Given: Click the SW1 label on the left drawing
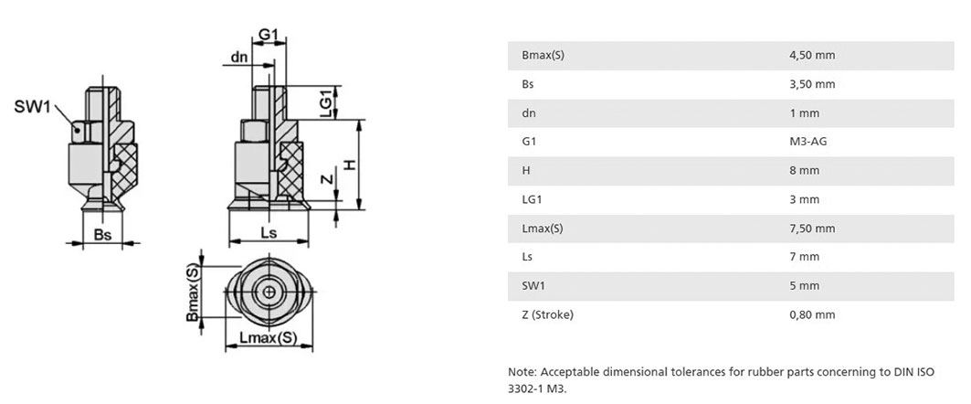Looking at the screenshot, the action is point(32,107).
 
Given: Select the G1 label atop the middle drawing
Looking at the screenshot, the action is point(269,35).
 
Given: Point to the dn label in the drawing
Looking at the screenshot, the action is point(239,58).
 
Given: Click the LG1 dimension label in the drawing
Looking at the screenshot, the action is point(325,101).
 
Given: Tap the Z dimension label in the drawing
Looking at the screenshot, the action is point(328,180).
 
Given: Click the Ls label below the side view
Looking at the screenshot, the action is point(269,232).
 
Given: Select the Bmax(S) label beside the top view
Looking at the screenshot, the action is point(194,292).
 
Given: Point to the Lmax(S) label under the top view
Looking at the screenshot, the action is point(269,337).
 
